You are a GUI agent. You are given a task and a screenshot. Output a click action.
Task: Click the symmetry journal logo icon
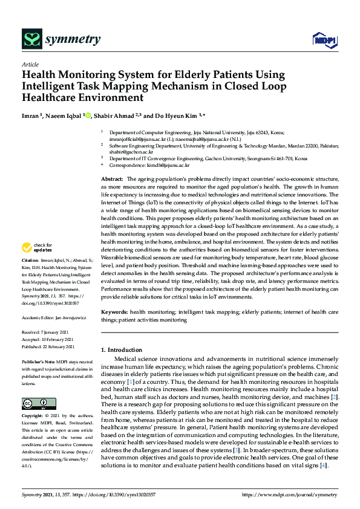coord(31,40)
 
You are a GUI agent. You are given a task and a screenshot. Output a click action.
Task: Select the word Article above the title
coord(30,64)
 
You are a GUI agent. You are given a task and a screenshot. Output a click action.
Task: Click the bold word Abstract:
coord(112,180)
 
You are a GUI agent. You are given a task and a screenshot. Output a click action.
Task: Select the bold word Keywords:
coord(114,311)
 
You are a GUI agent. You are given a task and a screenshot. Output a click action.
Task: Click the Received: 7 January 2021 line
coord(46,332)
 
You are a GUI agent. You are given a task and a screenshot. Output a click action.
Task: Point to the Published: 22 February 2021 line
coord(48,346)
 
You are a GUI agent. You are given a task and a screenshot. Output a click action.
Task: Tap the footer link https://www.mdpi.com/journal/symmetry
coord(290,494)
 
